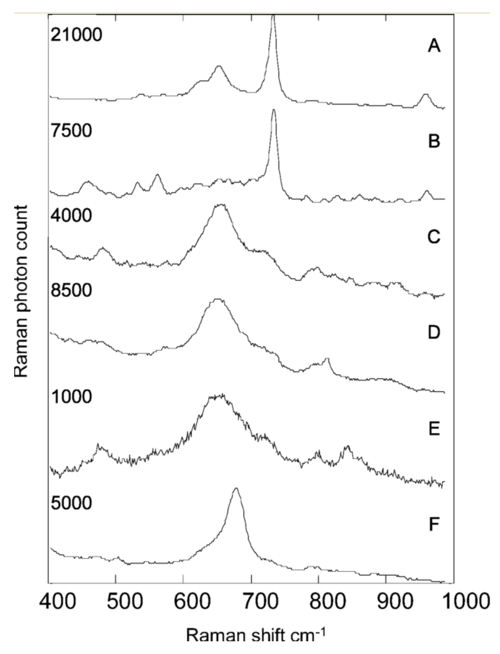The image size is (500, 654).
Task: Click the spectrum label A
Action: click(x=434, y=46)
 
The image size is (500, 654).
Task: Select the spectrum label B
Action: click(x=434, y=141)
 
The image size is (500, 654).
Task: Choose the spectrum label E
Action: click(x=434, y=429)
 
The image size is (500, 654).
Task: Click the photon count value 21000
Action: click(x=76, y=35)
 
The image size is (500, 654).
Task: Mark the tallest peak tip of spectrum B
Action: click(x=274, y=110)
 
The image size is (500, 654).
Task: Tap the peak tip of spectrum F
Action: click(x=236, y=488)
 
